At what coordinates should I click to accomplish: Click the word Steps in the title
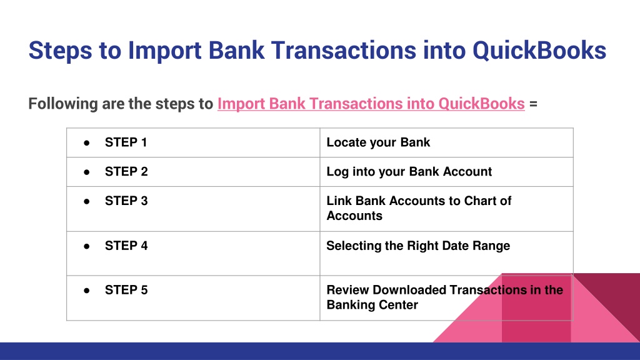[x=61, y=51]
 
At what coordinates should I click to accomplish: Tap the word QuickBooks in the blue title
[x=539, y=50]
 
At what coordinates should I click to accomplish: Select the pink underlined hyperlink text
[x=371, y=104]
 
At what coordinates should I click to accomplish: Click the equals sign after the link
[x=533, y=104]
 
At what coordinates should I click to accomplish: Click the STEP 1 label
[x=126, y=142]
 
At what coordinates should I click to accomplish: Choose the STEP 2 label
[x=126, y=172]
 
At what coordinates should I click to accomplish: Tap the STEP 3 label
[x=126, y=201]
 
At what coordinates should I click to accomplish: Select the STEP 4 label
[x=126, y=246]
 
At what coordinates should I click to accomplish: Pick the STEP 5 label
[x=126, y=290]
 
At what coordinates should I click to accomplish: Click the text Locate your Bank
[x=378, y=143]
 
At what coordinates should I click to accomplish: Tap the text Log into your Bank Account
[x=409, y=172]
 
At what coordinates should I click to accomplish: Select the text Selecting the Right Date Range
[x=418, y=246]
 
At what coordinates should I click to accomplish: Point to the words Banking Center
[x=372, y=305]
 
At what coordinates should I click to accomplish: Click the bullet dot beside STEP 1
[x=86, y=143]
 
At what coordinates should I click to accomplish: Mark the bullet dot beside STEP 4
[x=86, y=246]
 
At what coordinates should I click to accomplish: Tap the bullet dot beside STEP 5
[x=86, y=291]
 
